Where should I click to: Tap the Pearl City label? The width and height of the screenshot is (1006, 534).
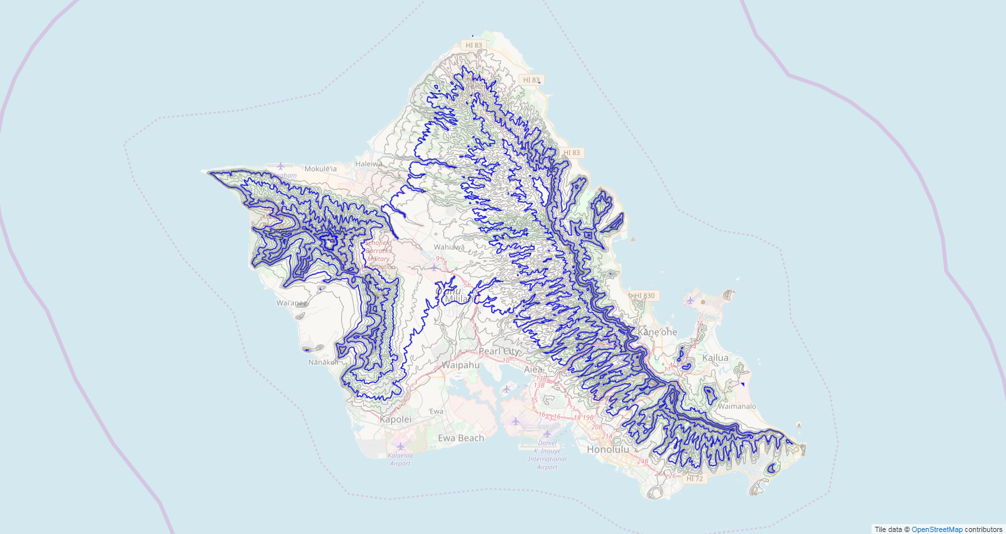tap(499, 352)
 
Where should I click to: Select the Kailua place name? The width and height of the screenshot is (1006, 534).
tap(715, 358)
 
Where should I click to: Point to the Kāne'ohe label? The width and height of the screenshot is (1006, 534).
tap(657, 332)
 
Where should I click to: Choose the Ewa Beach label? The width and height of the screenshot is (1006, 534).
tap(461, 438)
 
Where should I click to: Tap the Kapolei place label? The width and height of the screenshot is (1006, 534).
tap(395, 419)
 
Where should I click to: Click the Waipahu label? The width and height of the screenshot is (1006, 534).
tap(461, 364)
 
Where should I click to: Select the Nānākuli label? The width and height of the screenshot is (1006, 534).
tap(323, 362)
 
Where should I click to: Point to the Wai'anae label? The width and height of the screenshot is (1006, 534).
tap(291, 303)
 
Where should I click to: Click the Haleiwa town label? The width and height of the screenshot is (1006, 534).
tap(368, 163)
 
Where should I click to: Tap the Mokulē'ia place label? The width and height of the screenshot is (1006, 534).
tap(320, 169)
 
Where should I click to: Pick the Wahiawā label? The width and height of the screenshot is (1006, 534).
tap(449, 247)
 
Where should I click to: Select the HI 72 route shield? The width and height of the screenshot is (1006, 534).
tap(694, 479)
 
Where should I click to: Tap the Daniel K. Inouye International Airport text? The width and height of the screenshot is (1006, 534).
tap(547, 454)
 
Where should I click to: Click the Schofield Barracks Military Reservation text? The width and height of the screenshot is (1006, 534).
tap(381, 254)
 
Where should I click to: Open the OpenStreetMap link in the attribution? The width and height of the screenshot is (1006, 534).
tap(937, 529)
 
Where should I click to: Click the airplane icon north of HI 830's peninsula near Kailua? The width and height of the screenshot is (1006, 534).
tap(690, 300)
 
